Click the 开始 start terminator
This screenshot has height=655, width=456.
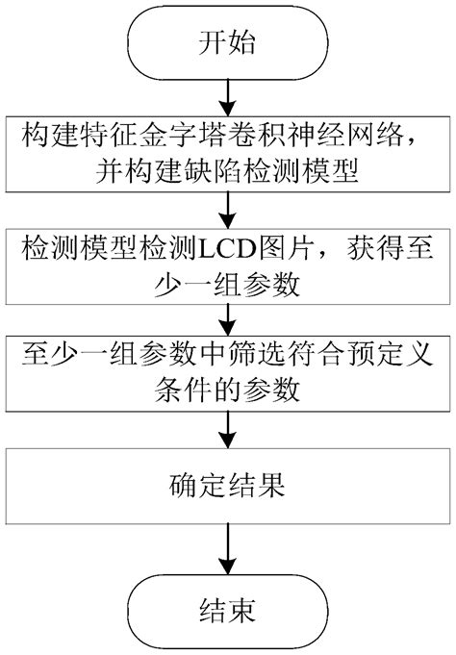click(228, 40)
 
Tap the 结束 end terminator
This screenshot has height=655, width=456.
click(228, 612)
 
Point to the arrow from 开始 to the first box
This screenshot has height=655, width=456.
click(228, 92)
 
